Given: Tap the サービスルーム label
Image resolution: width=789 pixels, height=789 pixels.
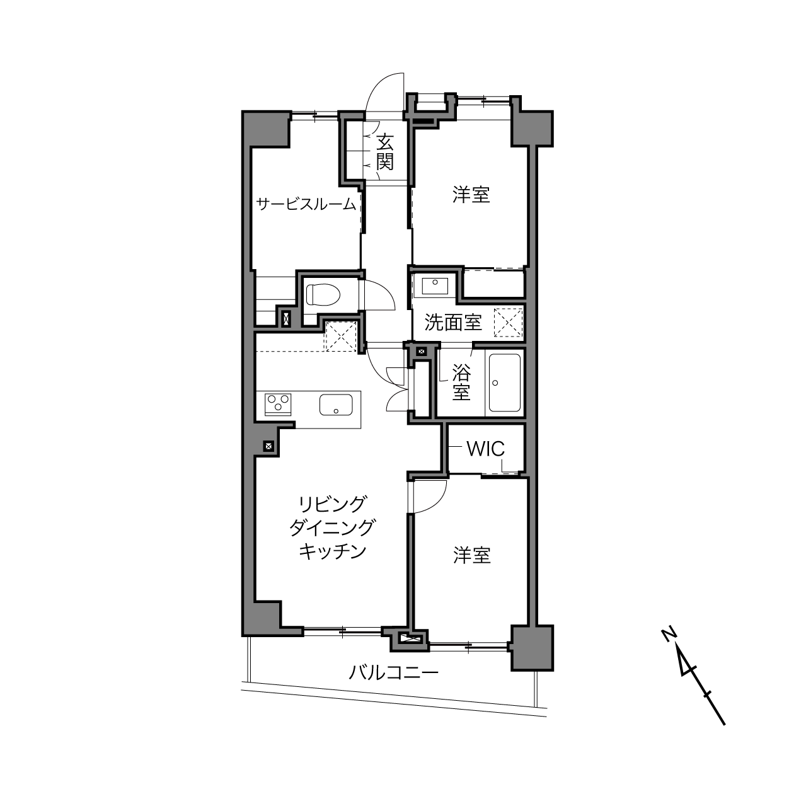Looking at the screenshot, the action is click(x=306, y=204).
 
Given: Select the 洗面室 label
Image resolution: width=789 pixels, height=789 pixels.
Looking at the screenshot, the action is click(x=452, y=322).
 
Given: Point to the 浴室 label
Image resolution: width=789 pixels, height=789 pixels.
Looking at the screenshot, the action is click(x=461, y=382).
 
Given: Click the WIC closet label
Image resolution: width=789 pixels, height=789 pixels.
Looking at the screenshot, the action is click(x=486, y=449).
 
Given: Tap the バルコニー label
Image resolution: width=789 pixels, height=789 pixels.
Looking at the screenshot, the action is click(x=393, y=672).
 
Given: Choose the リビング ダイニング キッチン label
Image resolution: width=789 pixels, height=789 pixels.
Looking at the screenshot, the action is click(x=332, y=527).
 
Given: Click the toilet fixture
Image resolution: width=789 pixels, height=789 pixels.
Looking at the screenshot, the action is click(x=323, y=294).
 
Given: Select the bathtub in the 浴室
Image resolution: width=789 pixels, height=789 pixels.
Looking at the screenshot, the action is click(x=504, y=383).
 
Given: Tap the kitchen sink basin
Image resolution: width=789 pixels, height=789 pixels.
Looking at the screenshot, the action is click(x=336, y=405).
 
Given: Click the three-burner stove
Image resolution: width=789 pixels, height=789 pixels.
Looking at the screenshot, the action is click(x=278, y=405).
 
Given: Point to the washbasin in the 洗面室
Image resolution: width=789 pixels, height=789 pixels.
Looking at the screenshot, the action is click(x=435, y=285).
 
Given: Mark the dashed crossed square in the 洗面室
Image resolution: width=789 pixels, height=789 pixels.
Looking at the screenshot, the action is click(x=508, y=323).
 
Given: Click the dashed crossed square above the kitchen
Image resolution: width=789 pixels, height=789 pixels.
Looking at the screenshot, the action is click(x=340, y=336).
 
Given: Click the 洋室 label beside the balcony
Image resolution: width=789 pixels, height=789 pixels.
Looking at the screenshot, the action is click(x=471, y=556).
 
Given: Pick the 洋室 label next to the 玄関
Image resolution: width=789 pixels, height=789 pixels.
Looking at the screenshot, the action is click(x=471, y=195).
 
